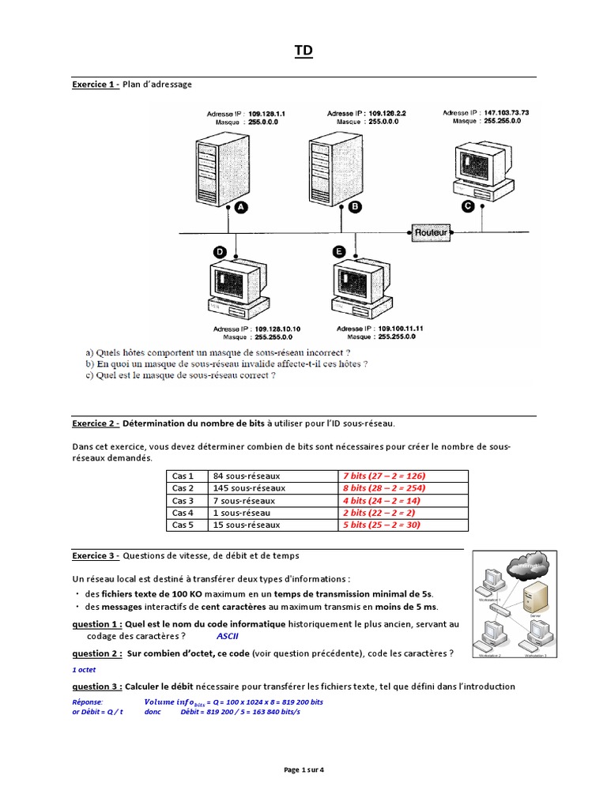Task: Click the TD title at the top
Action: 303,51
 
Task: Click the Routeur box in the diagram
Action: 432,233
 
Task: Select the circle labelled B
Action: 355,206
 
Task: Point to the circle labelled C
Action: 467,206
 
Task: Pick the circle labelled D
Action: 220,252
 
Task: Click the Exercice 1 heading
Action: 96,84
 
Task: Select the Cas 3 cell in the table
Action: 183,500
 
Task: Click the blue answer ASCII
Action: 227,635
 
